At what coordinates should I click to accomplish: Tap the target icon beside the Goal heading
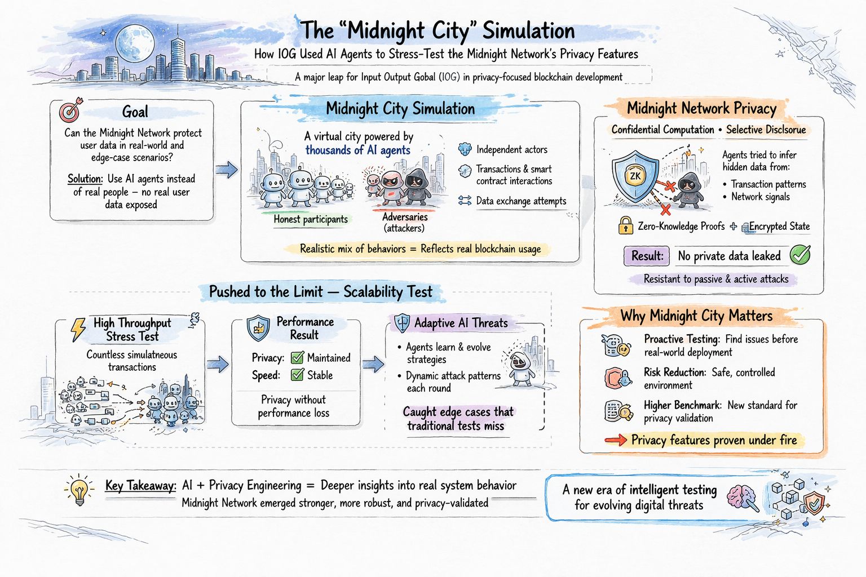coord(70,110)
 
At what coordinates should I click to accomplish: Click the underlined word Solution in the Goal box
coord(85,179)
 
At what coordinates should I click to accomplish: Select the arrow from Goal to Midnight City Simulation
coord(227,169)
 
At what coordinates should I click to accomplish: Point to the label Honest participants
coord(311,219)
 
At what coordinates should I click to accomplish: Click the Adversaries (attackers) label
coord(404,223)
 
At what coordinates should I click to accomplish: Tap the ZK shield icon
coord(635,176)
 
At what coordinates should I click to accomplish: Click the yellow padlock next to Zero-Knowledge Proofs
coord(625,225)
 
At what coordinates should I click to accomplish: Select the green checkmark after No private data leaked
coord(799,255)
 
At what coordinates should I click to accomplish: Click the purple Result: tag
coord(647,256)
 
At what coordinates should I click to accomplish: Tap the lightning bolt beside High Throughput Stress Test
coord(77,330)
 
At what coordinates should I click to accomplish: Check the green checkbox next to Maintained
coord(297,358)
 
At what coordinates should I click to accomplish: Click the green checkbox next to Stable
coord(297,375)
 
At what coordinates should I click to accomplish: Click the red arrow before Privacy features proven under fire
coord(615,441)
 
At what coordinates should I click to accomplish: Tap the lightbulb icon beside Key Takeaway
coord(79,489)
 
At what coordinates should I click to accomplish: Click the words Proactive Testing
coord(681,339)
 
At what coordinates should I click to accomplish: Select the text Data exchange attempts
coord(521,201)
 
